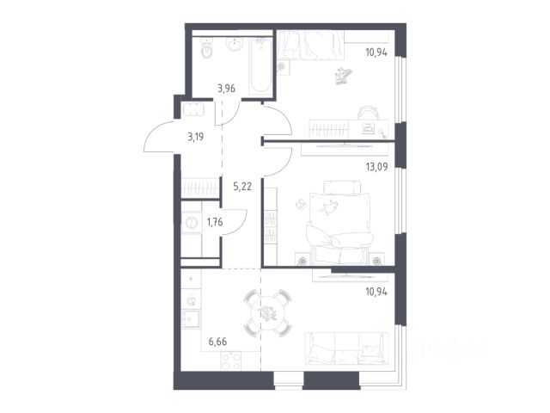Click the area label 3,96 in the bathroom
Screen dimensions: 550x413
[x=226, y=89]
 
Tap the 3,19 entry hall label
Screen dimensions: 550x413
[x=195, y=137]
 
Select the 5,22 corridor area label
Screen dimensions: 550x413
[x=242, y=186]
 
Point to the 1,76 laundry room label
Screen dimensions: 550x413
[x=215, y=222]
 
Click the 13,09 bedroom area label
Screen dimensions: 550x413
[x=376, y=166]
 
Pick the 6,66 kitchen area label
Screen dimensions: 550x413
[x=217, y=342]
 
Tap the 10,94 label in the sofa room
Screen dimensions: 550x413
[x=376, y=292]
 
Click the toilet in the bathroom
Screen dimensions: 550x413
[x=206, y=48]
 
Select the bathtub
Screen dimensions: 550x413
[x=260, y=65]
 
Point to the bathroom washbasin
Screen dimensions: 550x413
[x=235, y=44]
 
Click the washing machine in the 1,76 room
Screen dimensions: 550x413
[x=192, y=223]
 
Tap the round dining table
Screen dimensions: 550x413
[x=267, y=312]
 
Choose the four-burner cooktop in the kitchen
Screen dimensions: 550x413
[x=231, y=361]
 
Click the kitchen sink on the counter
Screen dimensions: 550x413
[x=191, y=318]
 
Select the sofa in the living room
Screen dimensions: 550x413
[x=346, y=348]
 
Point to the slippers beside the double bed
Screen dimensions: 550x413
[x=301, y=205]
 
